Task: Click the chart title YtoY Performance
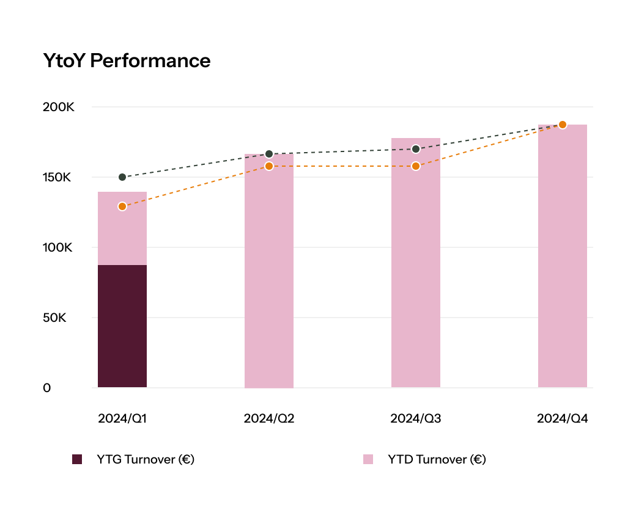pyautogui.click(x=127, y=60)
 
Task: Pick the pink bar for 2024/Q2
pyautogui.click(x=269, y=275)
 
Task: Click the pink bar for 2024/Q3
pyautogui.click(x=416, y=275)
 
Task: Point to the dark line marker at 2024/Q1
pyautogui.click(x=122, y=177)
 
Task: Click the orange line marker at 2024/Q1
pyautogui.click(x=122, y=206)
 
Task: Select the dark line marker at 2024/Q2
pyautogui.click(x=269, y=154)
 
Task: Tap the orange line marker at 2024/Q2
pyautogui.click(x=269, y=166)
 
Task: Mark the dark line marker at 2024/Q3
pyautogui.click(x=416, y=149)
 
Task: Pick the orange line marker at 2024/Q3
pyautogui.click(x=416, y=166)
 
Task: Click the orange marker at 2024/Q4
pyautogui.click(x=563, y=125)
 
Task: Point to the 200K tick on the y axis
pyautogui.click(x=58, y=107)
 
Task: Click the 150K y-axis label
pyautogui.click(x=57, y=177)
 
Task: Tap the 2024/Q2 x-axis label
pyautogui.click(x=269, y=419)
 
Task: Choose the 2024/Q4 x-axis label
pyautogui.click(x=563, y=419)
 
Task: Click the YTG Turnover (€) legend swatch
pyautogui.click(x=77, y=459)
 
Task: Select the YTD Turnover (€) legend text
pyautogui.click(x=437, y=459)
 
